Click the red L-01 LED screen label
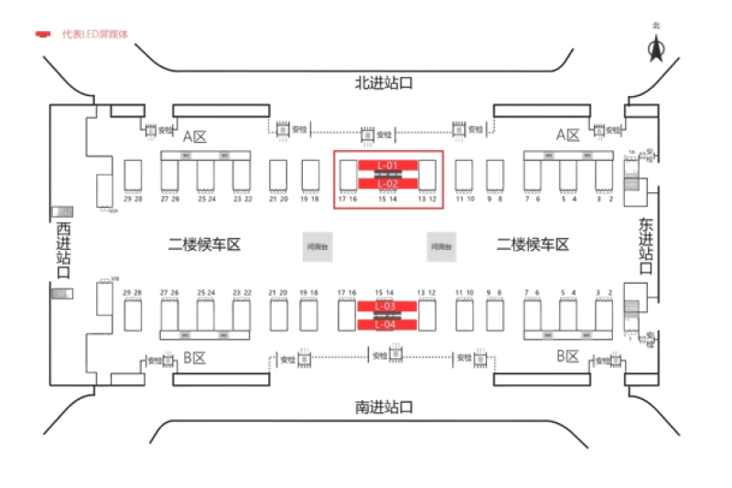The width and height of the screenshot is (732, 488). (388, 166)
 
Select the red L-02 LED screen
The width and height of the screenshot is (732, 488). (388, 183)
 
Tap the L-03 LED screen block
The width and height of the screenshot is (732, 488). (388, 306)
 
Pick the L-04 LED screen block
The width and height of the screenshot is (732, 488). (388, 323)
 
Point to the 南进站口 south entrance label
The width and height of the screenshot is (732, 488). (384, 407)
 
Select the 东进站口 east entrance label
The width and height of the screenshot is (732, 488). (646, 245)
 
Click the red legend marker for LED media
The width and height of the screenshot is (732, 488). (43, 35)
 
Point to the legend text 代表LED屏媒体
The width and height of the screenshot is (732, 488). (94, 34)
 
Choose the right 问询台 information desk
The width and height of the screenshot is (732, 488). (441, 245)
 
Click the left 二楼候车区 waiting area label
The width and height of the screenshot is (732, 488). (203, 244)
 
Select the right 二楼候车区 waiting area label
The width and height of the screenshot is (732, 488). (533, 244)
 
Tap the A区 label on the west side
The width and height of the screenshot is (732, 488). (195, 136)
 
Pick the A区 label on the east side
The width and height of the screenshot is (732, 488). (568, 136)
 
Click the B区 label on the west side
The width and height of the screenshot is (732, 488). (194, 357)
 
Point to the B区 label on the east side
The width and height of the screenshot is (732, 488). (568, 356)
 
